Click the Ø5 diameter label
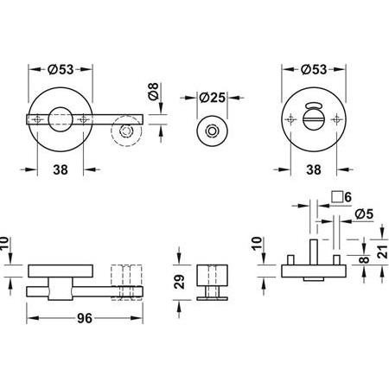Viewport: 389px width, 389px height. tap(362, 213)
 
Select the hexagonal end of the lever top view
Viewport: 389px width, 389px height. tap(127, 131)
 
